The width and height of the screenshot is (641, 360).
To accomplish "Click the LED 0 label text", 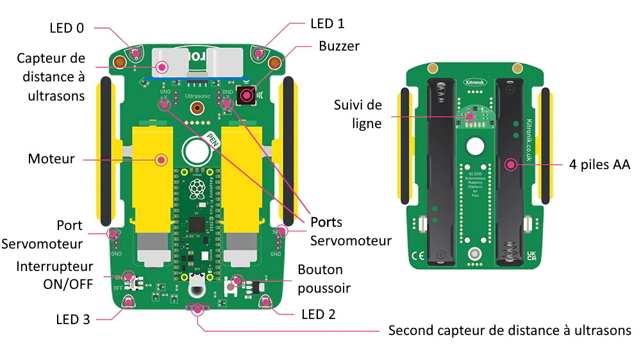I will tap(67, 28).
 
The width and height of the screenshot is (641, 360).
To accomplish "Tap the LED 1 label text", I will tap(327, 24).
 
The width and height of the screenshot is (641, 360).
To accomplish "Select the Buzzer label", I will tap(338, 46).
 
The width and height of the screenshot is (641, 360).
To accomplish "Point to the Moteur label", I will tap(51, 158).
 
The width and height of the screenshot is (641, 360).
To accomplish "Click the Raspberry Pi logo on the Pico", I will tap(196, 188).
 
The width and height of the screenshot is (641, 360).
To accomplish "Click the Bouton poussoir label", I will tap(324, 279).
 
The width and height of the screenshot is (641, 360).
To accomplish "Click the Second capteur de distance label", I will tap(510, 331).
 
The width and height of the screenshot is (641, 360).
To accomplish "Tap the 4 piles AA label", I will tap(599, 165).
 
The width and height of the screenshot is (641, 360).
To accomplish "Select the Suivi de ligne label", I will tap(358, 113).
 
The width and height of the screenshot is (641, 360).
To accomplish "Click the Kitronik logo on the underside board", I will tap(475, 81).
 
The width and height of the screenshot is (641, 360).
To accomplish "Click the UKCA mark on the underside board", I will tap(531, 256).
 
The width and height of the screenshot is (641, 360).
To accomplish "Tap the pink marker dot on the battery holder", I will tap(510, 165).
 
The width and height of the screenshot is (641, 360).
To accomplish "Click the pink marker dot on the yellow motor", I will tap(161, 159).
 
